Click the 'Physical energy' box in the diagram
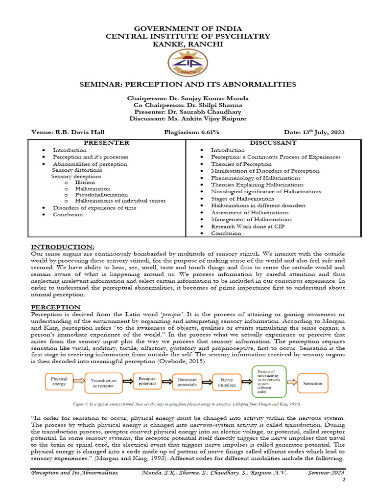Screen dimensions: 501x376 [59, 381]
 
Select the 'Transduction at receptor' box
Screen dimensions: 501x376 [103, 383]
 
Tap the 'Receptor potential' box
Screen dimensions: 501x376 [147, 381]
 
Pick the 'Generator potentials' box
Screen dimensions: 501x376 [187, 382]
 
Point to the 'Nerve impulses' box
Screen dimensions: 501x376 [227, 382]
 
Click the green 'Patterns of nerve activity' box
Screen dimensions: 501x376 [269, 382]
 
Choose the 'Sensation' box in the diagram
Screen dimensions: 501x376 [313, 383]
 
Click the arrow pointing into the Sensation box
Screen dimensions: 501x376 [291, 383]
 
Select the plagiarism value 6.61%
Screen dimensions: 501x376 [208, 132]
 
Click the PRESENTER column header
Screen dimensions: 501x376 [107, 143]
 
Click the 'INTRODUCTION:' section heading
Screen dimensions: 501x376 [63, 246]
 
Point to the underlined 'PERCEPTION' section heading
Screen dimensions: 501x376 [52, 306]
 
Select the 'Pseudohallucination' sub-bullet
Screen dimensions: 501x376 [101, 194]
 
